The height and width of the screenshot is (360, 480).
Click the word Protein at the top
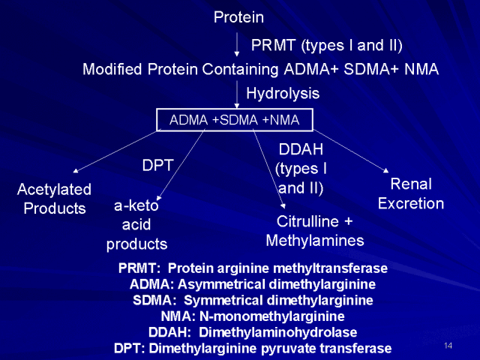(238, 16)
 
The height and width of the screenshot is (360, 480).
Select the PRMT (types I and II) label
(326, 46)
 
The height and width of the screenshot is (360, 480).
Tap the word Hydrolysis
(283, 94)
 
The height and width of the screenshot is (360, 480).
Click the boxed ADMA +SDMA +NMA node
(233, 120)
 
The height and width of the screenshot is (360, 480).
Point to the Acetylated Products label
(54, 199)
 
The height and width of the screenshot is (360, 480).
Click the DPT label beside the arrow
(158, 165)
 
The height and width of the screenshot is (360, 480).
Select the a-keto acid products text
(136, 224)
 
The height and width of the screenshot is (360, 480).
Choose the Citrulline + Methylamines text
(314, 231)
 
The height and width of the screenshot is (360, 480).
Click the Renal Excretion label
(411, 193)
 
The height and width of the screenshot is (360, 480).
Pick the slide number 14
(448, 345)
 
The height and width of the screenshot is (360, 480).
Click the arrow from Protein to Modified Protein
(238, 43)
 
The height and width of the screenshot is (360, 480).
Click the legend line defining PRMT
(253, 268)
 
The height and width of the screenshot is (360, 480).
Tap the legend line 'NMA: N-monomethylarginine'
(253, 316)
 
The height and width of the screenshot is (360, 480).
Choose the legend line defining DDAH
(253, 332)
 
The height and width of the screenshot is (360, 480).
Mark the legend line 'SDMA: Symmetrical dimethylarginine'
(253, 300)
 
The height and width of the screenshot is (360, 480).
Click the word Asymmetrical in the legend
(221, 284)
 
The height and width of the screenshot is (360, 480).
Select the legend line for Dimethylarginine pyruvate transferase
(253, 348)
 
